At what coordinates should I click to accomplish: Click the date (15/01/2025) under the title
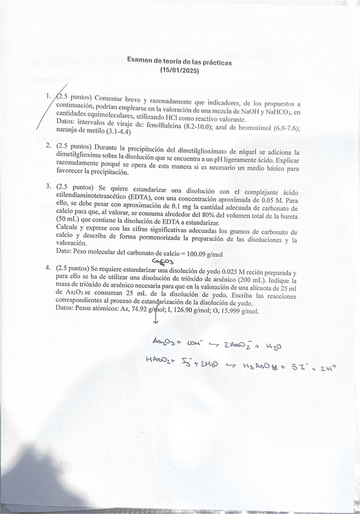pyautogui.click(x=179, y=70)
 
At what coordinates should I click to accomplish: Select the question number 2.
pyautogui.click(x=48, y=146)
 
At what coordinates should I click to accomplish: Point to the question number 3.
pyautogui.click(x=48, y=185)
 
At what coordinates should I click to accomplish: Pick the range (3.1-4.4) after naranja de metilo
pyautogui.click(x=118, y=131)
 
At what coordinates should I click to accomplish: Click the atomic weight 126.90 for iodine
pyautogui.click(x=197, y=309)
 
